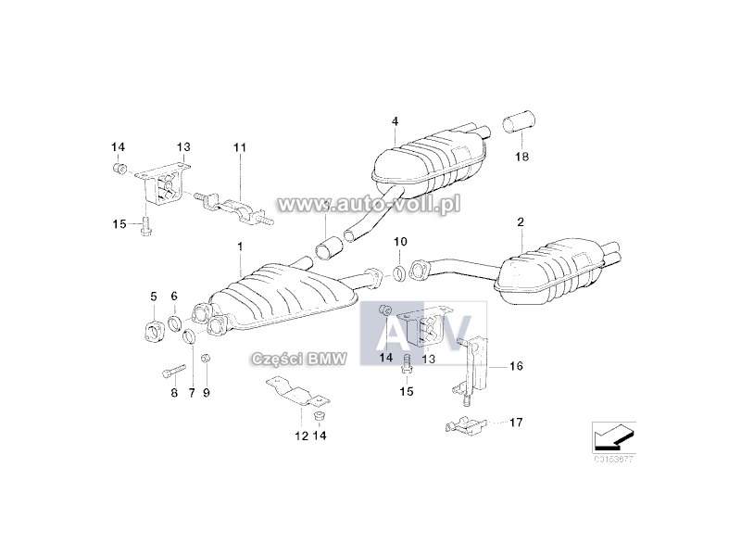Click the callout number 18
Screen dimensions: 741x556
[521, 157]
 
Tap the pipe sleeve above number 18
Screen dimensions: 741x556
[519, 122]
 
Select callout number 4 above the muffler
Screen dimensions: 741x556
[395, 121]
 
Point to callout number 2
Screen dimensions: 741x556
[521, 221]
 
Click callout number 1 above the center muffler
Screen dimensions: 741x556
[240, 246]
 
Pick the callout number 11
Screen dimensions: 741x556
[240, 147]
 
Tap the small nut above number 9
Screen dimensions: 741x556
[206, 359]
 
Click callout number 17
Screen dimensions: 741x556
[516, 422]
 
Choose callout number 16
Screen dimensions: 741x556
[516, 366]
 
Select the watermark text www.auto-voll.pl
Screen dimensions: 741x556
[369, 204]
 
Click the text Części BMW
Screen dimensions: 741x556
[299, 359]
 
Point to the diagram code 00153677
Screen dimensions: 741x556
[614, 459]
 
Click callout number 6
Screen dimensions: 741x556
[174, 297]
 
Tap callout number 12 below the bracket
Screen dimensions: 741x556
[302, 436]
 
